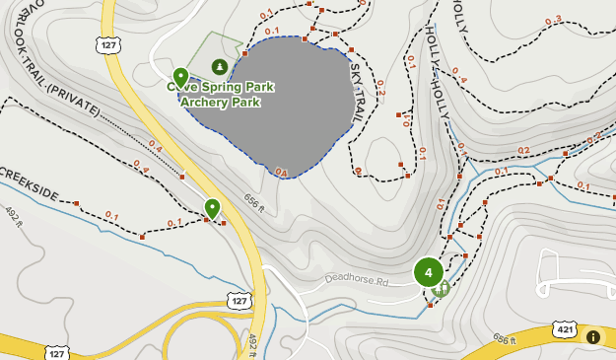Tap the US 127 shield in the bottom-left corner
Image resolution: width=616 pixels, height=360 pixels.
[x=58, y=352]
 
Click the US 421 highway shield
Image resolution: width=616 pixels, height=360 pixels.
[x=564, y=328]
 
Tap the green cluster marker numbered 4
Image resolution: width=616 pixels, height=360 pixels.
[x=428, y=272]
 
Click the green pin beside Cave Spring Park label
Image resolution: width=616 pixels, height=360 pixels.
[x=180, y=76]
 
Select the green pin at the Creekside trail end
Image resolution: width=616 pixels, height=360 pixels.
[x=212, y=208]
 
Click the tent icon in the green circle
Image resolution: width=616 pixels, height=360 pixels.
[x=219, y=66]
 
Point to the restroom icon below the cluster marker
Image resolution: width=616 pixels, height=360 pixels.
[x=443, y=288]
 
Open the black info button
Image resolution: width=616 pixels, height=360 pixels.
[x=593, y=337]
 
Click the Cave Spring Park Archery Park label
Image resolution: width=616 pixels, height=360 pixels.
[x=223, y=94]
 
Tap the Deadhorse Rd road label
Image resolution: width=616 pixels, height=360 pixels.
[x=357, y=280]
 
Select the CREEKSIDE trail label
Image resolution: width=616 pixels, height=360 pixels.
[x=29, y=181]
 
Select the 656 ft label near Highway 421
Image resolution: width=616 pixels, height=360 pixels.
[x=505, y=338]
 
